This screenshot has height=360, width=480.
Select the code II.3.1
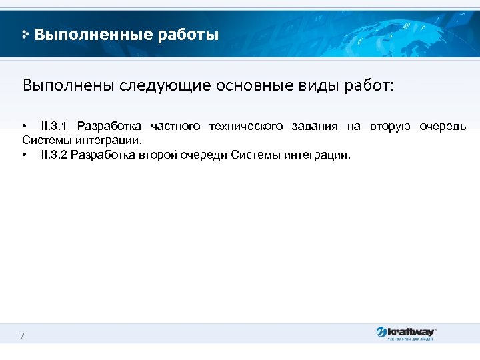[53, 127]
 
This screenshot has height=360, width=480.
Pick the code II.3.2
[53, 155]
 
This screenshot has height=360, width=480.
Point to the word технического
[245, 127]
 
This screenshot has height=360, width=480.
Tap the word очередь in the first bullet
[443, 127]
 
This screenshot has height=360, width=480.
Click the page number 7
[22, 335]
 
